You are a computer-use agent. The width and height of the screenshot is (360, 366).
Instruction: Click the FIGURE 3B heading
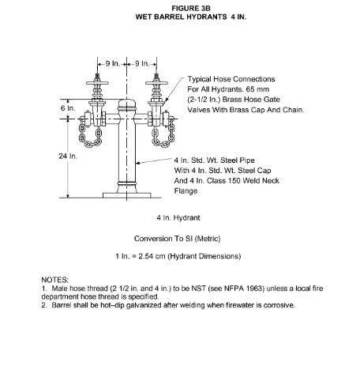click(x=191, y=9)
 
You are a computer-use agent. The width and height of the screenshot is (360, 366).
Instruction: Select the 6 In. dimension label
click(x=68, y=108)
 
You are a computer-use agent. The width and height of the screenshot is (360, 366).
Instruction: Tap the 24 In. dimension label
click(x=68, y=157)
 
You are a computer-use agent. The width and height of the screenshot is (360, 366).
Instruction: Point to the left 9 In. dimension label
click(x=113, y=64)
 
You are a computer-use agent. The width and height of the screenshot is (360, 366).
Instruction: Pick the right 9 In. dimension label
click(x=142, y=64)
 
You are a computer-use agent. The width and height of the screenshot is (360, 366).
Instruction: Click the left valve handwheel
click(x=97, y=83)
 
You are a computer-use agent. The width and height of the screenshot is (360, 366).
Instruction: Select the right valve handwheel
click(x=156, y=83)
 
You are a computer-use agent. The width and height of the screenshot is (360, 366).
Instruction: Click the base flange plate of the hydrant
click(x=126, y=195)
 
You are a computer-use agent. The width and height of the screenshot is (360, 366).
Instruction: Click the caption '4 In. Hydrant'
click(x=178, y=218)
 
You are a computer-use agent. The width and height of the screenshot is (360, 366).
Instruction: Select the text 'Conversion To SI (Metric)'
click(x=177, y=239)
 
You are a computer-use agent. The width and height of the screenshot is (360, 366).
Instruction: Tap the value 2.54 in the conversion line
click(x=147, y=256)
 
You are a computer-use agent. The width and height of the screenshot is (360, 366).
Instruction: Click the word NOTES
click(x=54, y=280)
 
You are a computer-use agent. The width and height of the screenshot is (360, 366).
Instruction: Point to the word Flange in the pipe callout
click(x=186, y=191)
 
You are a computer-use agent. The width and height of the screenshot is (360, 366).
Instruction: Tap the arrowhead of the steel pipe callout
click(x=138, y=164)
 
